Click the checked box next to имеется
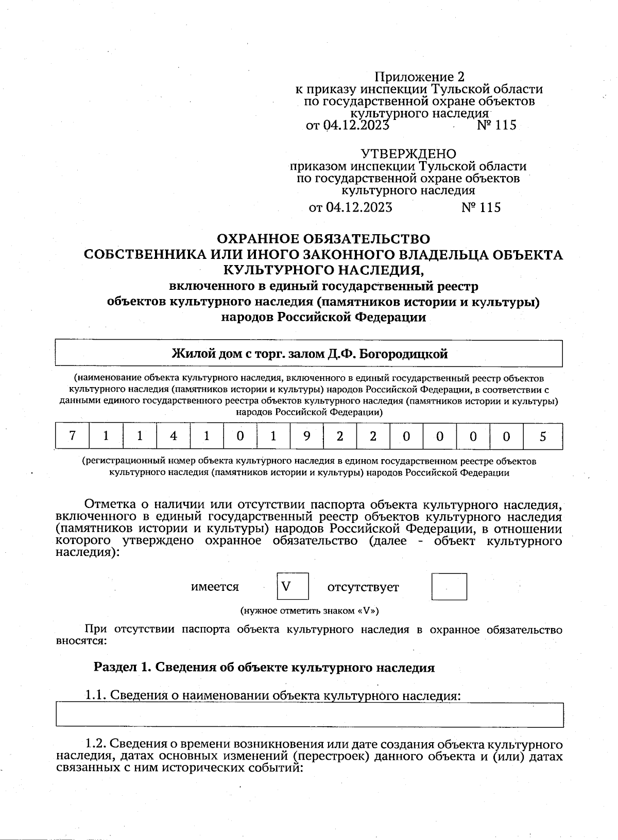click(293, 586)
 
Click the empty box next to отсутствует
click(449, 586)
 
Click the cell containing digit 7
click(72, 436)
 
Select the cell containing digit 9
click(306, 436)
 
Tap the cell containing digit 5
click(542, 436)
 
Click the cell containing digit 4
click(173, 436)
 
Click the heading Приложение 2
click(419, 77)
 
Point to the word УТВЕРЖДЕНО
click(408, 154)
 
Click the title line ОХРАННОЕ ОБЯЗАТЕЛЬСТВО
click(323, 239)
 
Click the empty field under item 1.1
click(309, 715)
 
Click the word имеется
click(215, 587)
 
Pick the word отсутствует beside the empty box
click(363, 587)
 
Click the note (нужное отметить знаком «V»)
click(310, 611)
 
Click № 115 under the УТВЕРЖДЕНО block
click(480, 207)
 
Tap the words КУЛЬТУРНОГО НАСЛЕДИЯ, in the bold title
click(323, 270)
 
